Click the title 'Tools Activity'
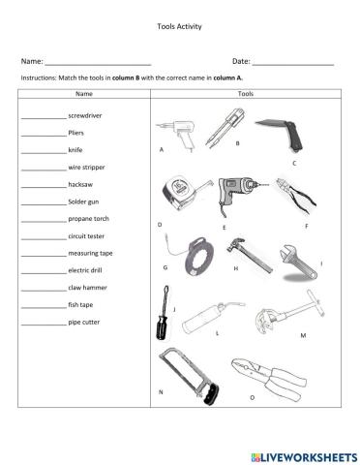[x=179, y=27]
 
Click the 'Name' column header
[x=83, y=95]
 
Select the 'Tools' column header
[x=245, y=95]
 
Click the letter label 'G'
[x=165, y=267]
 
